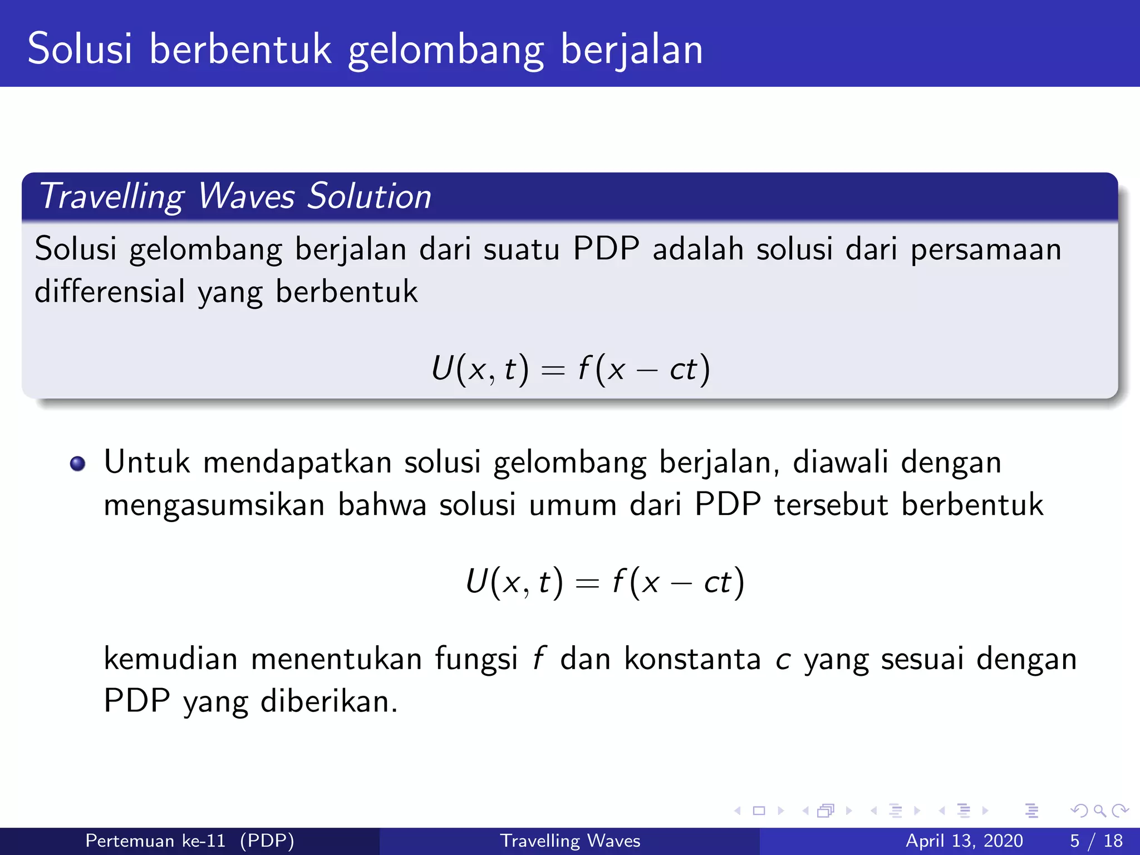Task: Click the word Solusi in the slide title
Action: coord(80,49)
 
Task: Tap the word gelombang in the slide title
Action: coord(445,50)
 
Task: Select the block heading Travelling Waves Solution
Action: coord(235,196)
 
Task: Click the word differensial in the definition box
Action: coord(110,291)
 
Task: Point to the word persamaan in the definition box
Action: coord(986,249)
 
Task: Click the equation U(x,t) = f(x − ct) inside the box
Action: coord(571,368)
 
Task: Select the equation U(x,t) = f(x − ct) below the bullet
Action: coord(605,582)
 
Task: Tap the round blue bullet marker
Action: coord(77,464)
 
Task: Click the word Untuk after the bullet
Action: coord(147,462)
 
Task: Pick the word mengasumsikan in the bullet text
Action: coord(214,505)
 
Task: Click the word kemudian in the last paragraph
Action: coord(170,659)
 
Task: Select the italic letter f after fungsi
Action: coord(538,659)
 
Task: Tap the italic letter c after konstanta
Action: coord(783,660)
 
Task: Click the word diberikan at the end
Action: coord(329,701)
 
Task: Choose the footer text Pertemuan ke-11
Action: coord(155,841)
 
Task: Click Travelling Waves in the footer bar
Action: coord(570,841)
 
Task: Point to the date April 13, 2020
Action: coord(964,841)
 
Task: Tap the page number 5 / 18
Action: coord(1096,841)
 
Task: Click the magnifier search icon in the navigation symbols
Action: coord(1099,810)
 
